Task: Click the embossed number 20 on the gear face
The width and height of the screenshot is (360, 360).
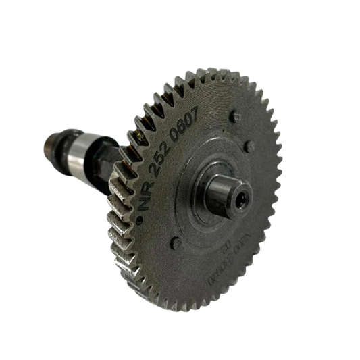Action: (228, 251)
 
